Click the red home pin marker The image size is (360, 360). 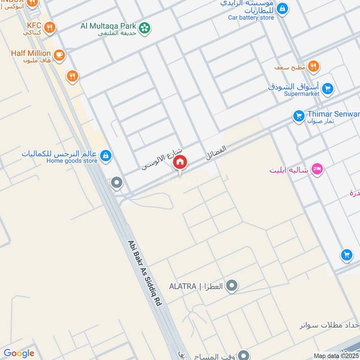pos(180,162)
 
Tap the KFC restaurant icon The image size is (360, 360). pos(50,27)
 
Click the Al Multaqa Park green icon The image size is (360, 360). pos(144,28)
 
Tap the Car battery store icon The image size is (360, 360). pos(282,9)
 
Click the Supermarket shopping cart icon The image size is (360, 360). pos(327,89)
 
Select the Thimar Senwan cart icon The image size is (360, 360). pos(298,116)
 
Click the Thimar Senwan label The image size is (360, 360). pos(333,114)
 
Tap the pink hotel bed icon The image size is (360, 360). pos(317,170)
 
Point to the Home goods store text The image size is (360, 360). pos(72,161)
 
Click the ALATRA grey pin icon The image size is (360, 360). pos(232,286)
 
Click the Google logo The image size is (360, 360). pos(19,353)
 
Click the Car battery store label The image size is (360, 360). pos(251,18)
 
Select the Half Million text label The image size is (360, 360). pos(31,53)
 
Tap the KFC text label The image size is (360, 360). pos(34,26)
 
